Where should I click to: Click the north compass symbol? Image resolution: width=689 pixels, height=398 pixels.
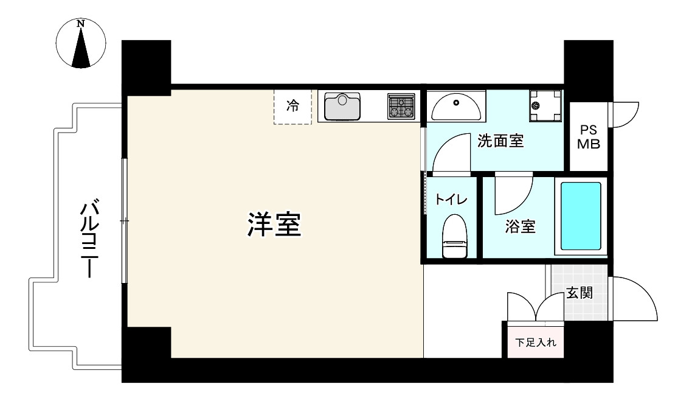pyautogui.click(x=81, y=43)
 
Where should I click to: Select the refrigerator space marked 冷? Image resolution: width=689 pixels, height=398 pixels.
pyautogui.click(x=293, y=106)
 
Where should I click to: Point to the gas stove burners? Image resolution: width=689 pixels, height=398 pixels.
pyautogui.click(x=401, y=106)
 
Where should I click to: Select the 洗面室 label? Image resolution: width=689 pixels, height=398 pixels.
pyautogui.click(x=500, y=142)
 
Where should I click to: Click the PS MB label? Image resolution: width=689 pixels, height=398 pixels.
pyautogui.click(x=588, y=138)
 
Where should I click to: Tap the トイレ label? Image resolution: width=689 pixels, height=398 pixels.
pyautogui.click(x=451, y=200)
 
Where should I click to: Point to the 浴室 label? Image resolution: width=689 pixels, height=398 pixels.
pyautogui.click(x=520, y=227)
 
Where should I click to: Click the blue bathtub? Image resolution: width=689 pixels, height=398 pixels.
pyautogui.click(x=580, y=216)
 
